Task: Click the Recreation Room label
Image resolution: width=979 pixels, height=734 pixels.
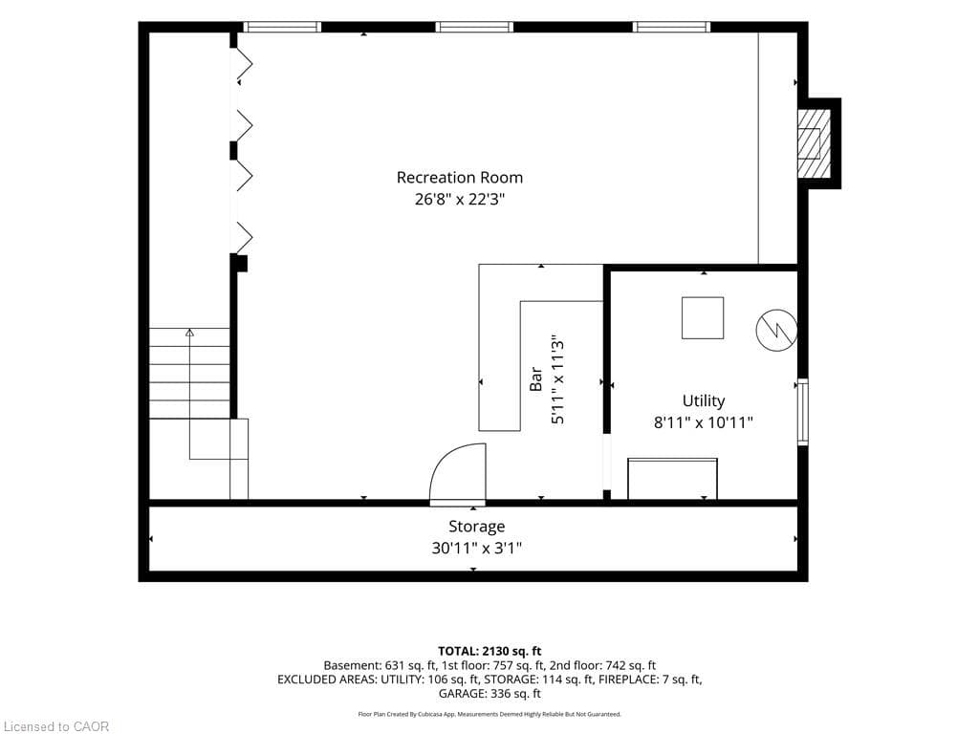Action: click(x=460, y=178)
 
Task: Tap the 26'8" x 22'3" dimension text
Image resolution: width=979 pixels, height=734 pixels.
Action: click(x=460, y=200)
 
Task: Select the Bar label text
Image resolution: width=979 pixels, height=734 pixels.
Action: click(x=535, y=378)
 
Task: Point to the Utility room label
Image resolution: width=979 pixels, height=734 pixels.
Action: click(x=704, y=400)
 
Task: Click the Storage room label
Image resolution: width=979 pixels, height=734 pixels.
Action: click(x=476, y=527)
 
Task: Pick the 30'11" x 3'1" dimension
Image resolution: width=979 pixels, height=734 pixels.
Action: click(x=476, y=549)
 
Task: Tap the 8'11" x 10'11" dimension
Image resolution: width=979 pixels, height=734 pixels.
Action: click(x=704, y=422)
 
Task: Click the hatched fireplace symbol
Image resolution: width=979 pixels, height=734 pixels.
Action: click(x=815, y=143)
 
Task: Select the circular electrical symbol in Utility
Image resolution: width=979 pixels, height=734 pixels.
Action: click(x=776, y=330)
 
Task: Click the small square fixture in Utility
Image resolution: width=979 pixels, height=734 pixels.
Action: click(x=703, y=317)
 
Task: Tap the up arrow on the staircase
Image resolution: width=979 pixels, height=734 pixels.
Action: click(x=190, y=333)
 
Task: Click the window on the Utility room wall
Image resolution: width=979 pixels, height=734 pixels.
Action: click(x=803, y=412)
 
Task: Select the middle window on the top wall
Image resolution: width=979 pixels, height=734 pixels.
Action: click(x=474, y=27)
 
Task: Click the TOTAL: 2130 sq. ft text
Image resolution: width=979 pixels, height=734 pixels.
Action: click(x=489, y=652)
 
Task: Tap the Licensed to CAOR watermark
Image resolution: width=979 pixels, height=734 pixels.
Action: click(x=56, y=726)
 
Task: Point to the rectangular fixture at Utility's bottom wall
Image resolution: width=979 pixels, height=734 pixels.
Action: click(x=672, y=479)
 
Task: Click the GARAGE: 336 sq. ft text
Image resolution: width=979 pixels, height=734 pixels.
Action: click(x=489, y=694)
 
